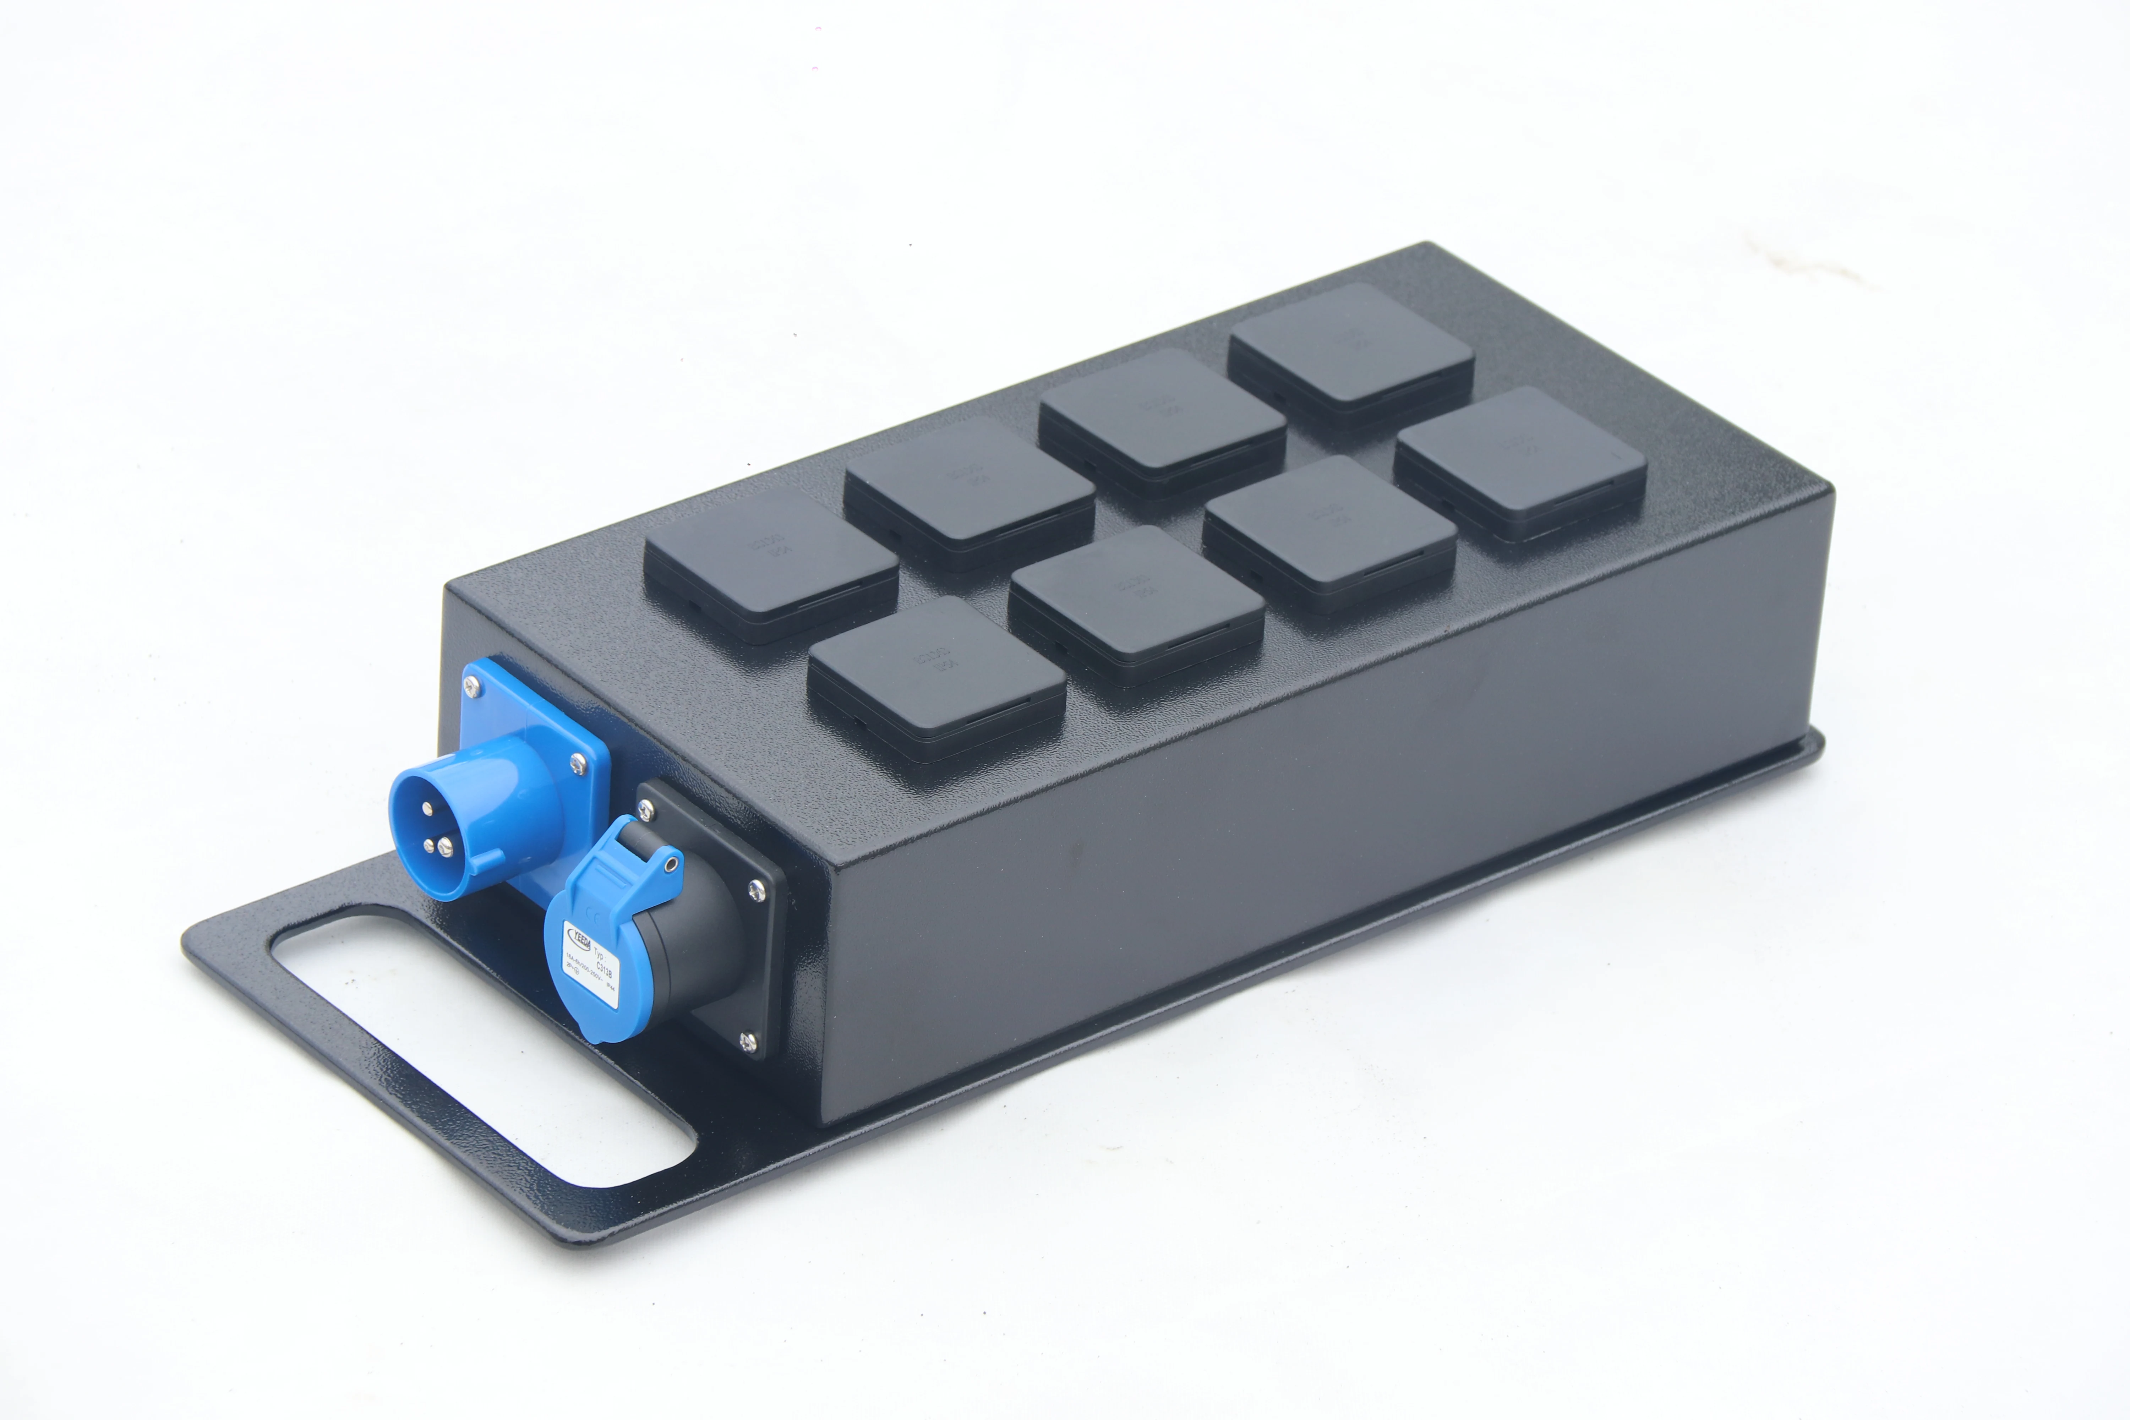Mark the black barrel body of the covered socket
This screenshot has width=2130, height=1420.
(x=697, y=942)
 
